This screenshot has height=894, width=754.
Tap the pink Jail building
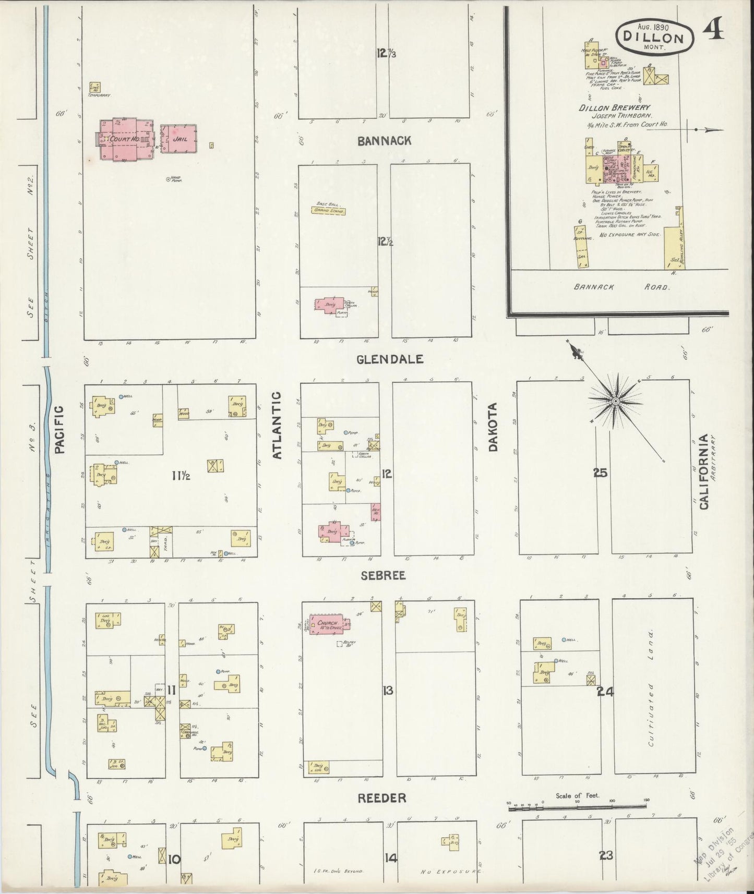(x=178, y=139)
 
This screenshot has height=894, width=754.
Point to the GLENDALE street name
(x=390, y=359)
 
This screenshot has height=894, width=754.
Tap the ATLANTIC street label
(x=277, y=425)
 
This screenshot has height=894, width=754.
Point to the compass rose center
(x=615, y=401)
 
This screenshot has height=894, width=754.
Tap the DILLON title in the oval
(x=656, y=38)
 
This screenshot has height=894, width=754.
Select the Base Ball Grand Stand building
(x=329, y=210)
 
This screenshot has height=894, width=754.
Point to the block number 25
(x=600, y=473)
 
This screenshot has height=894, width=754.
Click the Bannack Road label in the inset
(x=622, y=287)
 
